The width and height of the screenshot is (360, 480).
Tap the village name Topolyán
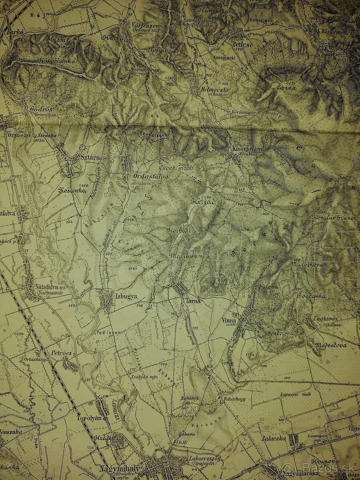pyautogui.click(x=87, y=418)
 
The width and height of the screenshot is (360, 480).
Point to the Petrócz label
pyautogui.click(x=61, y=353)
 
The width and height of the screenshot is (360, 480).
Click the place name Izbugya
pyautogui.click(x=126, y=296)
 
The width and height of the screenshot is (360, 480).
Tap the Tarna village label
pyautogui.click(x=192, y=300)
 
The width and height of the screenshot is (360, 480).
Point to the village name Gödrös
pyautogui.click(x=41, y=109)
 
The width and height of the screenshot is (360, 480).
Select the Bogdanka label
pyautogui.click(x=312, y=296)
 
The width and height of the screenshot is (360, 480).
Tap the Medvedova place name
pyautogui.click(x=330, y=344)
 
